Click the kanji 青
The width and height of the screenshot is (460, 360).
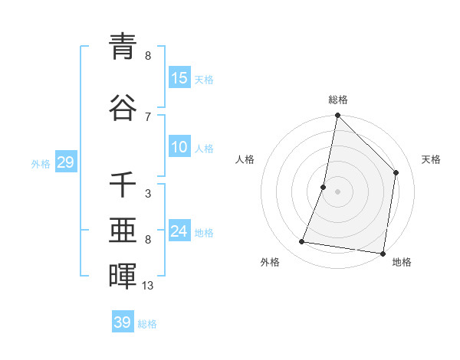point(123,47)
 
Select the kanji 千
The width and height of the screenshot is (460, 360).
point(123,184)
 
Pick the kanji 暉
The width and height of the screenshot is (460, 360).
point(123,277)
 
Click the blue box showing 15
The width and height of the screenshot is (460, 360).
point(179,78)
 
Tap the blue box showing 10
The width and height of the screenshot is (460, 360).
point(179,148)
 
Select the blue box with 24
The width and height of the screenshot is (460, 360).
point(179,232)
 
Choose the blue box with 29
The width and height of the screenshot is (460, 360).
point(65,163)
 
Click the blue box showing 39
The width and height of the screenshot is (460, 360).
point(123,322)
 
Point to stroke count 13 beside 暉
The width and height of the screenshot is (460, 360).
point(148,286)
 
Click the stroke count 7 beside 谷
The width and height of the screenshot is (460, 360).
point(148,116)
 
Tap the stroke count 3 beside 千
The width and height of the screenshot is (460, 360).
point(148,194)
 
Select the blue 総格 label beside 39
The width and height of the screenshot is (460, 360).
point(147,324)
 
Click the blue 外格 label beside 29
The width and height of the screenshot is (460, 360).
point(41,164)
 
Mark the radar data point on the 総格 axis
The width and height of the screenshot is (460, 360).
point(337,116)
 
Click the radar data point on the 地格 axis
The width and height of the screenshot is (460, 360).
point(383,253)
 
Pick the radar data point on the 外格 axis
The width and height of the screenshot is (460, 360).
point(301,242)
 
